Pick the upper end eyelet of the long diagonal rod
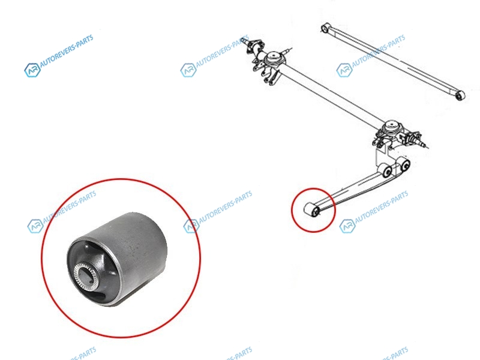325,28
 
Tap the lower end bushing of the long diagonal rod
460,95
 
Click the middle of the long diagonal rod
393,62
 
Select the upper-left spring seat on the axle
272,58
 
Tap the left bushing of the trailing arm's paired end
385,170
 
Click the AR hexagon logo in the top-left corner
32,70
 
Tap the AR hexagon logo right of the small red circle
347,226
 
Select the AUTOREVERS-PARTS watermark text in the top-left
67,51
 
